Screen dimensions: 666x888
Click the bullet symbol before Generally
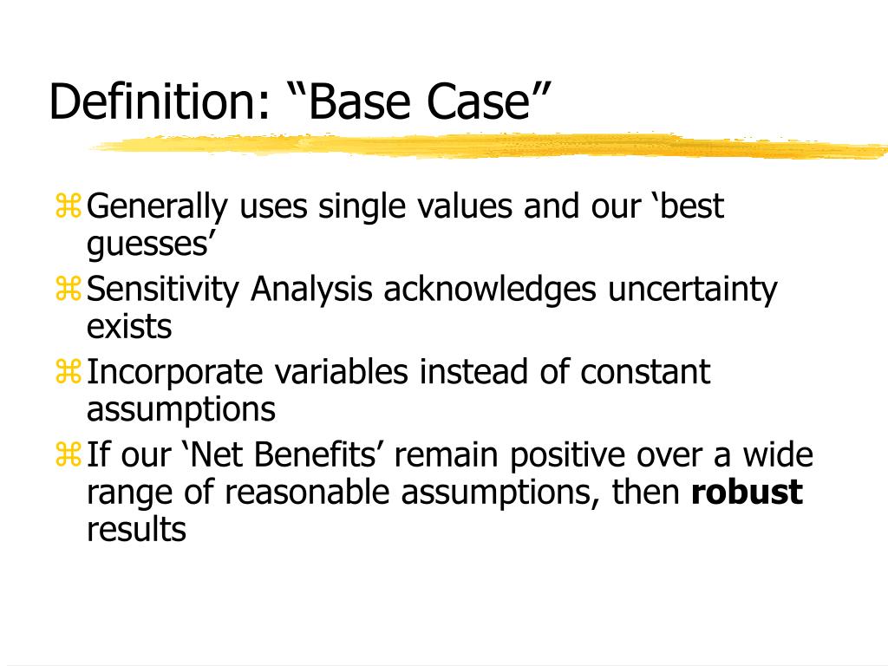(x=69, y=206)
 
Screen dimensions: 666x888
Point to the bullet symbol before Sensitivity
(x=69, y=290)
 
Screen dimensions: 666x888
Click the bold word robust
(x=747, y=493)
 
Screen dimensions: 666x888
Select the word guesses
(x=149, y=246)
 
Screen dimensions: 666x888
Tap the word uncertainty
(x=692, y=290)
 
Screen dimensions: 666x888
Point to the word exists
(x=129, y=327)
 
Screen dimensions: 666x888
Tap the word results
(x=136, y=529)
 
